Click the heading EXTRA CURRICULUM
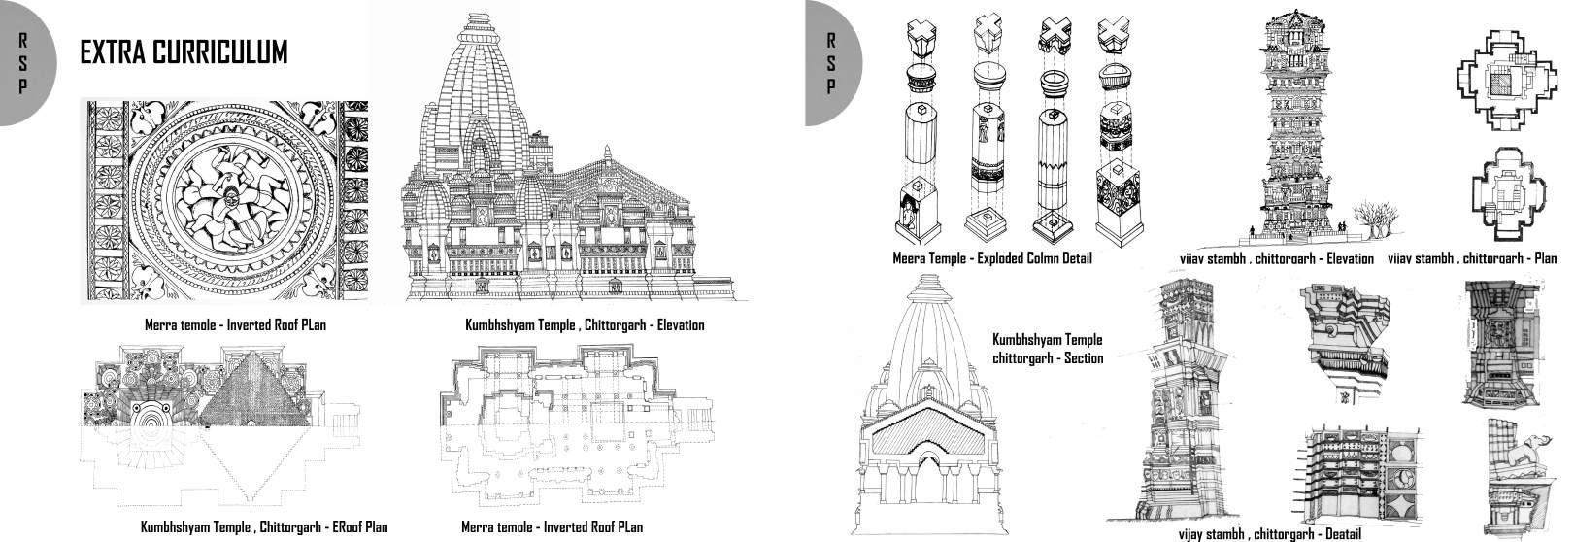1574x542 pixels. (x=184, y=52)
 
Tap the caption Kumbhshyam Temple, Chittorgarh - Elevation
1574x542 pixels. (x=585, y=324)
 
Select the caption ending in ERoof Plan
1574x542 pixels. (x=264, y=527)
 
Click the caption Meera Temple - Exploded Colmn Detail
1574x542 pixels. (x=992, y=258)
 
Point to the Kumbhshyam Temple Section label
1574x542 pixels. (x=1048, y=349)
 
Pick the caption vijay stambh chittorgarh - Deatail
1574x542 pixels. (x=1269, y=534)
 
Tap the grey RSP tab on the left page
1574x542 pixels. (x=21, y=62)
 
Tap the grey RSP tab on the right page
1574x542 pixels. (x=830, y=62)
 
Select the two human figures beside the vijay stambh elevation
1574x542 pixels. (x=1341, y=226)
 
